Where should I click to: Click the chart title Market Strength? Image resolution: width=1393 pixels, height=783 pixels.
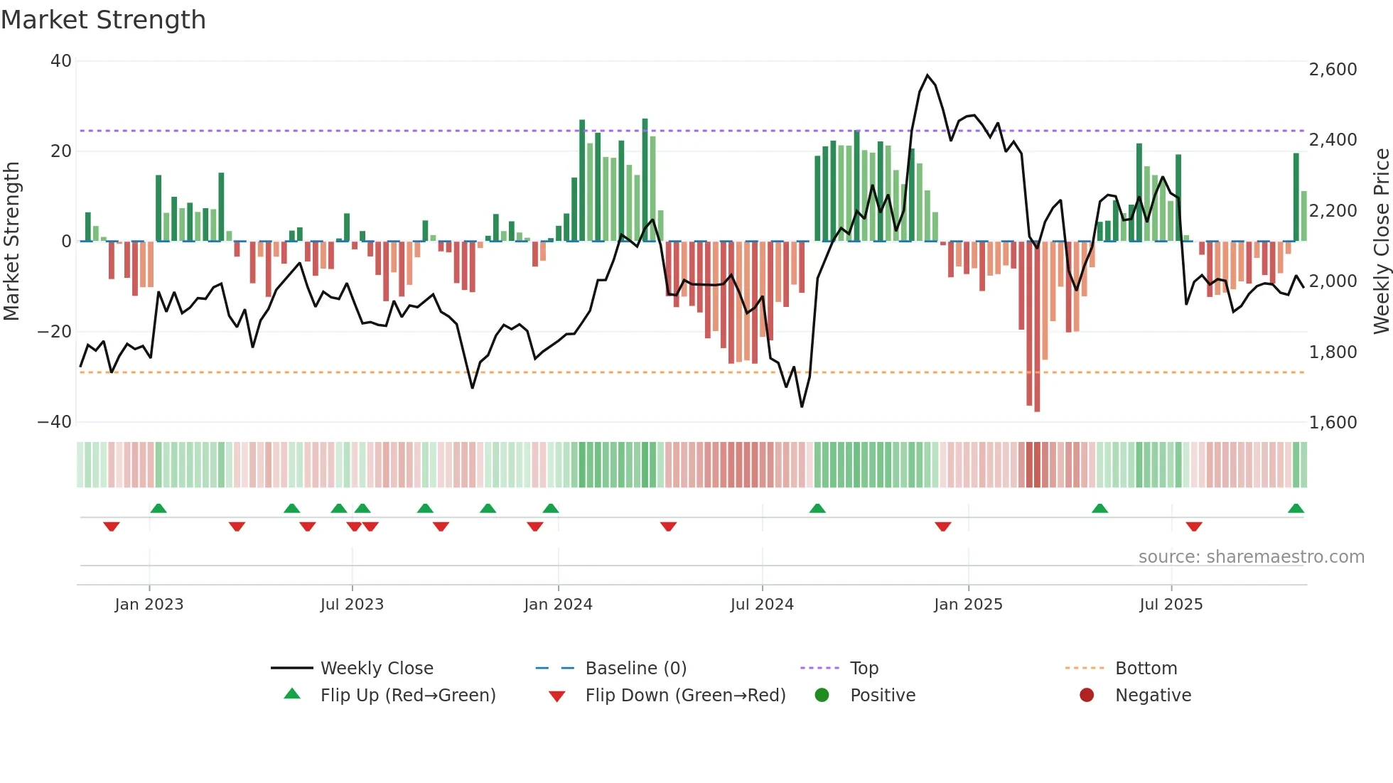point(104,20)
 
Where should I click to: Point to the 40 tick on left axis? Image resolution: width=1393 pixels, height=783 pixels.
point(61,61)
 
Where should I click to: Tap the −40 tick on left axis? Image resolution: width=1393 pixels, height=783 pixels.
point(55,422)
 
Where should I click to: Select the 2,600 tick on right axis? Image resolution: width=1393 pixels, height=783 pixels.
point(1333,70)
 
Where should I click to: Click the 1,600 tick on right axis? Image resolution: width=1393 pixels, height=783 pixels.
point(1333,423)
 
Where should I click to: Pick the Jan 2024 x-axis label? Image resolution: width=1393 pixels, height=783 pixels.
point(558,605)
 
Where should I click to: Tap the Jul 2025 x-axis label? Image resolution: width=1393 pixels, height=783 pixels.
point(1171,605)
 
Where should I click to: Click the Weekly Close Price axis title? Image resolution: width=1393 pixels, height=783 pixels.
point(1381,242)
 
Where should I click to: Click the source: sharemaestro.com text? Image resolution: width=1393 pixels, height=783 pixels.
point(1251,557)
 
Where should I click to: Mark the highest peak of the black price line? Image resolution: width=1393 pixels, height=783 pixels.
point(927,75)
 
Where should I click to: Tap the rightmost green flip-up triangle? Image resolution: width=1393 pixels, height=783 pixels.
point(1296,509)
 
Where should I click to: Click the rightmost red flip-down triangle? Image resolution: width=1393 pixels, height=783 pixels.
point(1194,526)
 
